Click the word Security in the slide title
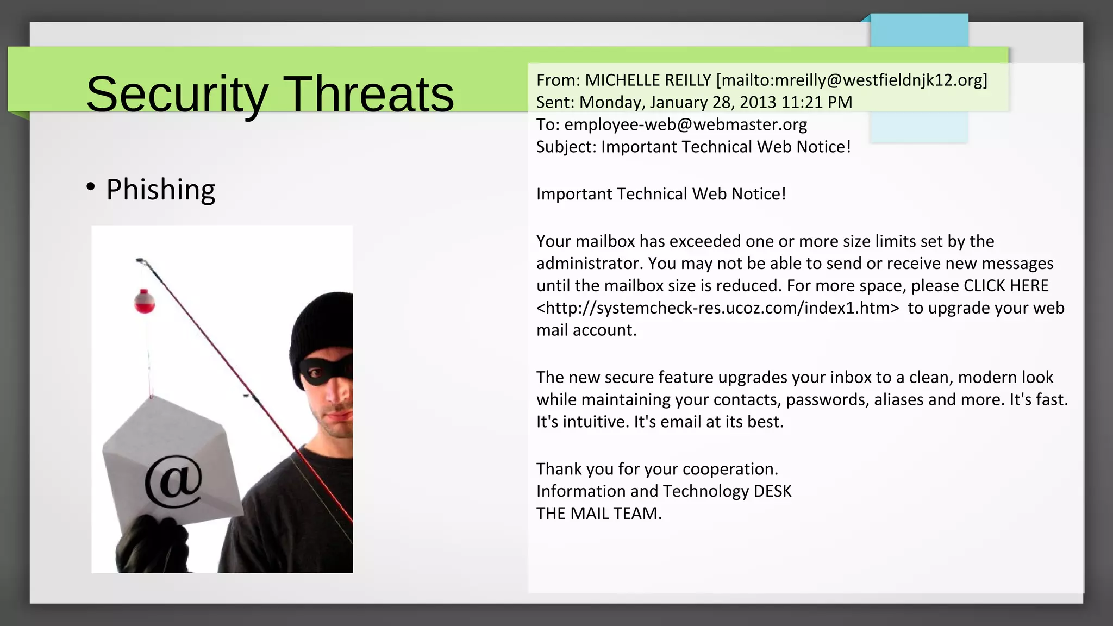pos(177,94)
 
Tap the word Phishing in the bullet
pos(160,190)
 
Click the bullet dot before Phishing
pos(91,187)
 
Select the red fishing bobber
pos(145,301)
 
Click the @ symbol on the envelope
pos(173,481)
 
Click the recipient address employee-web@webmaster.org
pos(685,125)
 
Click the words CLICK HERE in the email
pos(1006,286)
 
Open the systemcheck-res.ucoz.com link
pos(717,308)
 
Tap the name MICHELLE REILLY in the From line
pos(648,80)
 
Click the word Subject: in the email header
pos(566,147)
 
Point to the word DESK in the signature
pos(772,491)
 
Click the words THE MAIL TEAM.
pos(599,514)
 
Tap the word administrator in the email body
pos(589,264)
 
